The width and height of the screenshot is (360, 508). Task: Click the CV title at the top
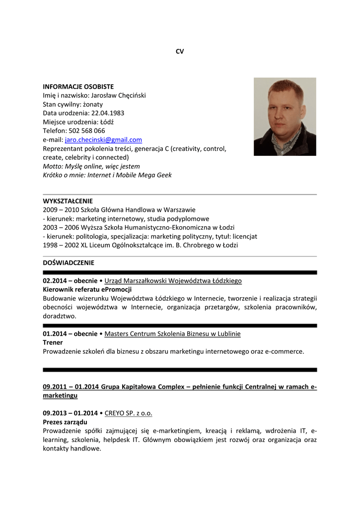[180, 51]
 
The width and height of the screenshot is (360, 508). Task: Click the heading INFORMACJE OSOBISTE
[78, 86]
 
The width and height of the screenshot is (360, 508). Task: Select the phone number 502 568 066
[87, 131]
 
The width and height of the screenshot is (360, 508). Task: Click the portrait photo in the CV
[285, 117]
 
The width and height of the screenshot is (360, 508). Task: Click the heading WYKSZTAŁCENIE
[68, 201]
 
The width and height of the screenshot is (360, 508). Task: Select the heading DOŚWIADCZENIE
[68, 263]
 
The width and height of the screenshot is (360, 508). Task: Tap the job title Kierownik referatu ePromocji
[87, 290]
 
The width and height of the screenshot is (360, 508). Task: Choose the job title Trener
[53, 343]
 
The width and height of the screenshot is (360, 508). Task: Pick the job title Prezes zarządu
[65, 422]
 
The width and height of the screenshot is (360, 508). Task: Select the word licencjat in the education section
[243, 237]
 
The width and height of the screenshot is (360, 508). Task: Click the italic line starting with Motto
[91, 167]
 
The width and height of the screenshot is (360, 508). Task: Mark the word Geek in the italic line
[164, 176]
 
